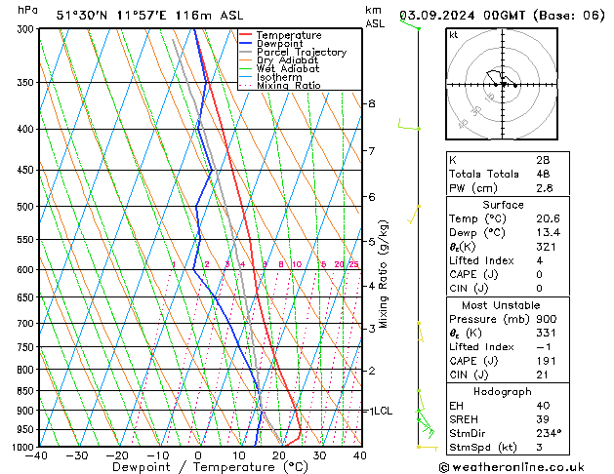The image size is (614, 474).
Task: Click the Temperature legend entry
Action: [290, 35]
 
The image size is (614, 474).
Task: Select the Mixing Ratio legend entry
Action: [289, 86]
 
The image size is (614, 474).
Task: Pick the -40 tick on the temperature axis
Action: [38, 455]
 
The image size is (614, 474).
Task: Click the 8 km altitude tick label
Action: [371, 103]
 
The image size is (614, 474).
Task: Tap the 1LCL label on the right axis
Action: [380, 412]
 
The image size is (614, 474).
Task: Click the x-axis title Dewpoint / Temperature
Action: [198, 467]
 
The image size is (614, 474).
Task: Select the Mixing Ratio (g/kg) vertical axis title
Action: [385, 274]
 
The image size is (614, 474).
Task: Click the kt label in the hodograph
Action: [453, 34]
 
